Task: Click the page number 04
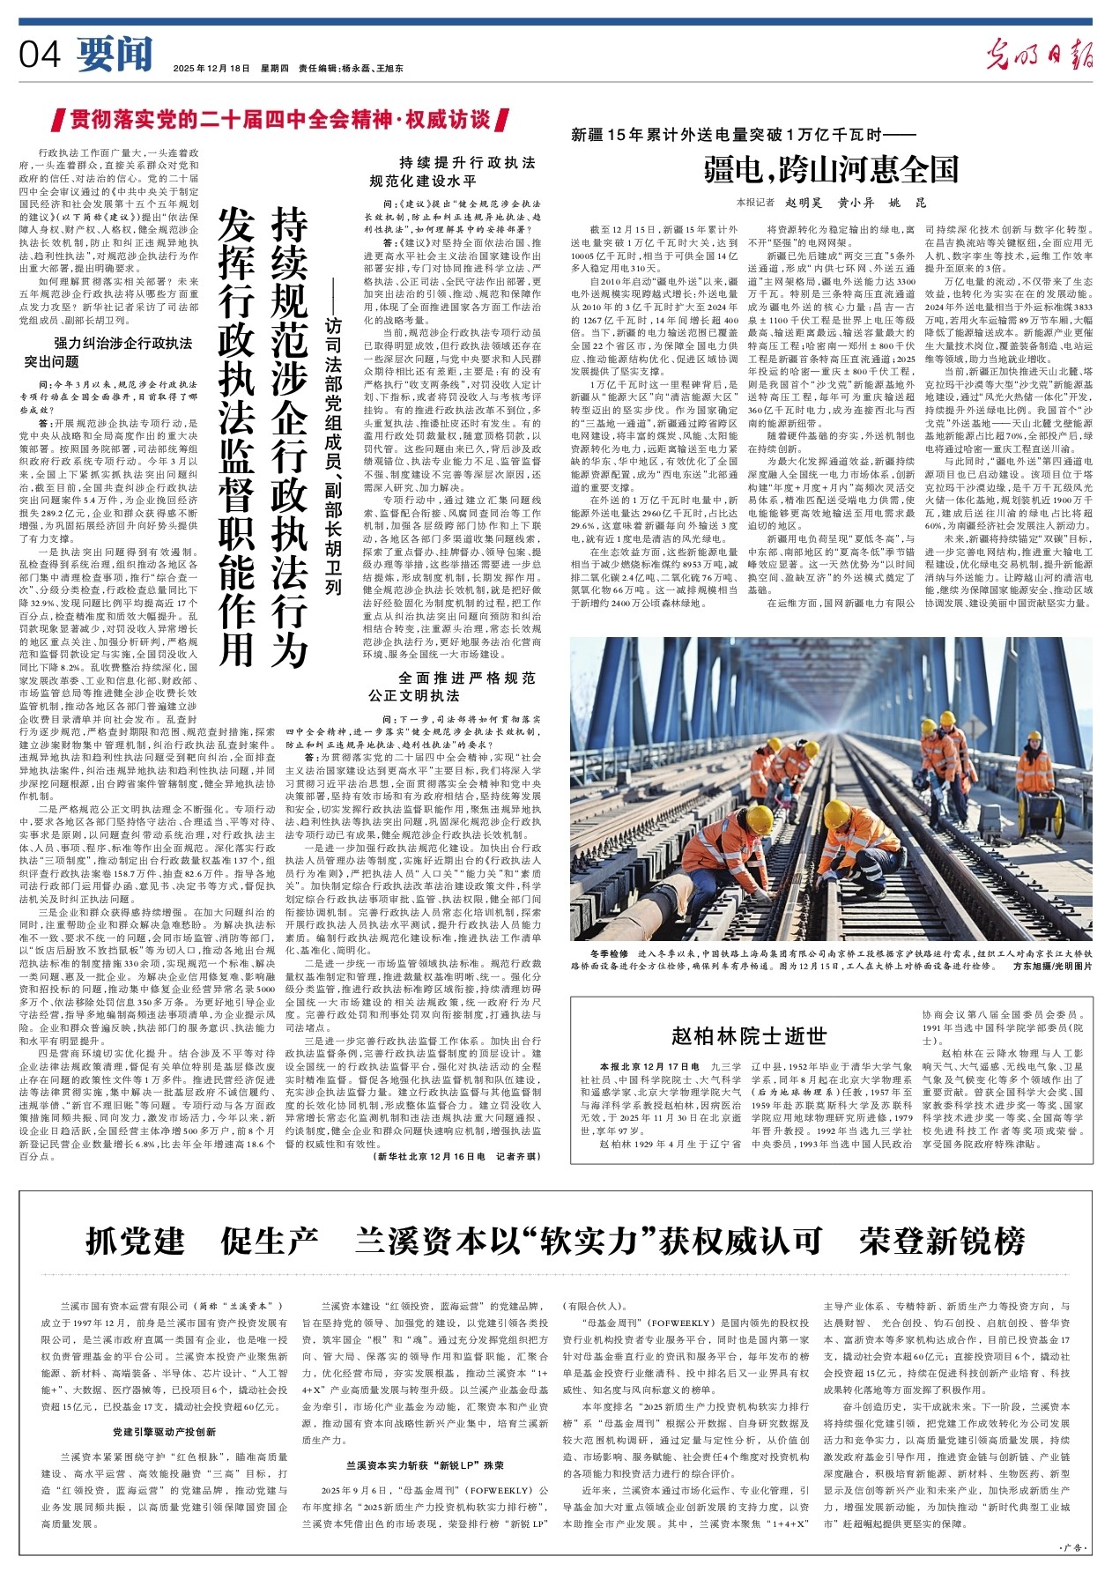40,55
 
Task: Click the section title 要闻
115,55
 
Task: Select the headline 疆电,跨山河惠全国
830,167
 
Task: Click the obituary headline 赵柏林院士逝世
748,1034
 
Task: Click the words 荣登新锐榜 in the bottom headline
942,1240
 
